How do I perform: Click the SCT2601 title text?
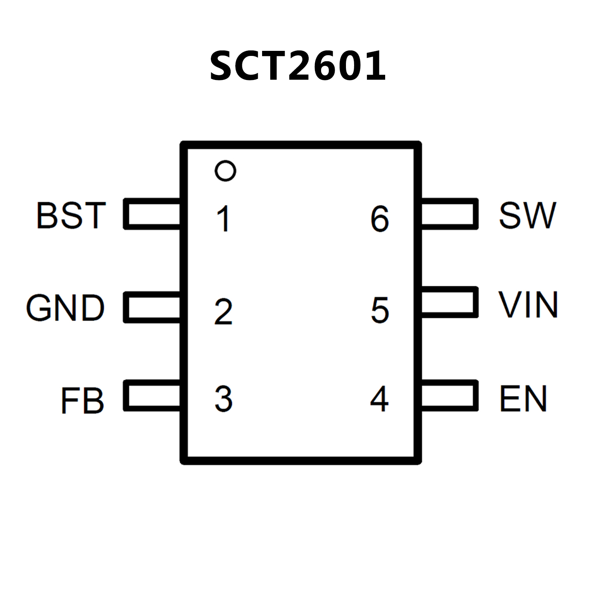click(297, 66)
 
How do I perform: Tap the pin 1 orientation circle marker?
click(225, 170)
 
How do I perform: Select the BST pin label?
click(71, 215)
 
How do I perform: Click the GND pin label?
click(65, 308)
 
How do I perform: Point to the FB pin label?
click(82, 400)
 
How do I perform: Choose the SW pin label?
click(527, 215)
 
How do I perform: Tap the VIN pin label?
click(528, 304)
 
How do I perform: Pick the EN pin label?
click(523, 398)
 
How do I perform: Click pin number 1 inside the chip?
click(224, 219)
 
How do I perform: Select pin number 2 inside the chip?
click(223, 311)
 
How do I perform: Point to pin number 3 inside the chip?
click(224, 399)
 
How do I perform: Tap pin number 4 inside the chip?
click(379, 399)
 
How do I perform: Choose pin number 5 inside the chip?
click(380, 310)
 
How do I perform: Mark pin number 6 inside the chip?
click(379, 219)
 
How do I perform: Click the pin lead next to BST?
click(152, 214)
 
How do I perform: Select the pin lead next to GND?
click(152, 307)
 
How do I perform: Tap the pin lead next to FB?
click(152, 395)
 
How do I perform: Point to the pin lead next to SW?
click(450, 214)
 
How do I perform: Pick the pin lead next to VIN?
click(450, 302)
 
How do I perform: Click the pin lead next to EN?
click(450, 395)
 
